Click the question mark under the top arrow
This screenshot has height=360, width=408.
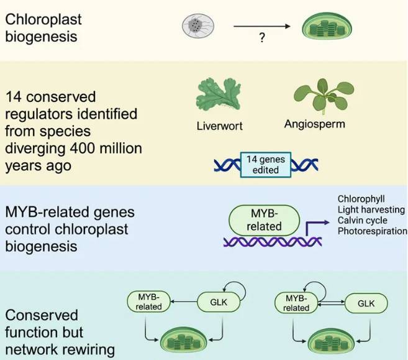point(263,39)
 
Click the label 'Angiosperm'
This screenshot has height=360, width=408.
point(314,123)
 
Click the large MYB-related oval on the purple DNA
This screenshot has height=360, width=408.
point(264,219)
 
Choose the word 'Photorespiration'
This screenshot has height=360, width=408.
point(372,231)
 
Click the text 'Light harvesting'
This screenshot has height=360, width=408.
point(371,210)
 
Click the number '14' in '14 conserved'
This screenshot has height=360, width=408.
point(14,97)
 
